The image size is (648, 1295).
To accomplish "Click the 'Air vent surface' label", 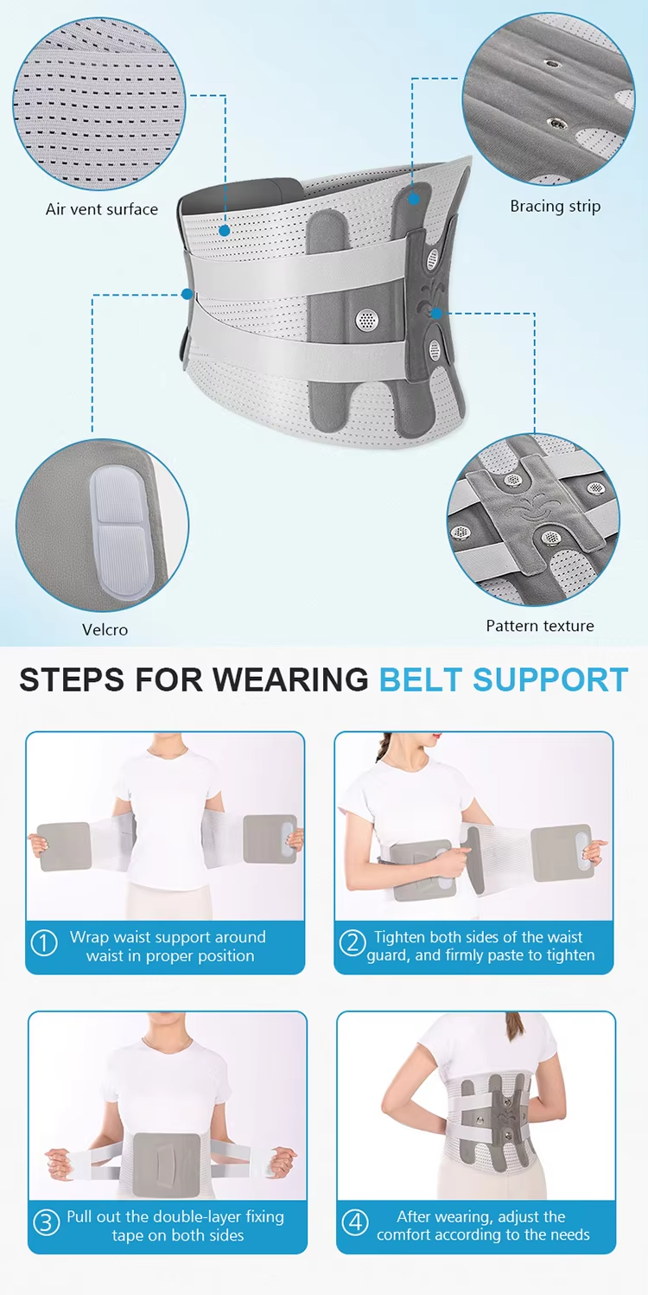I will point(102,209).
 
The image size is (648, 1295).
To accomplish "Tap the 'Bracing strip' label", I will point(555,206).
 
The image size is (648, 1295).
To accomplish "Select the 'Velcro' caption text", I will point(105,629).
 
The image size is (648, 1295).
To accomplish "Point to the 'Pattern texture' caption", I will point(540,625).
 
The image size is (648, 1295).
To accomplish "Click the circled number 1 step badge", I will point(44,943).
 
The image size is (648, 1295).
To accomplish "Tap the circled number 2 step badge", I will point(352,943).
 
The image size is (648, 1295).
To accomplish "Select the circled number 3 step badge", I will point(46,1223).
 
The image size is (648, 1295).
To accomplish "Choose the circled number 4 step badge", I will point(355,1223).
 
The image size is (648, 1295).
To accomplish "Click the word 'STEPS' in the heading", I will point(75,680).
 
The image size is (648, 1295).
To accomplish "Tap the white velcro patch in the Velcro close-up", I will point(121,527).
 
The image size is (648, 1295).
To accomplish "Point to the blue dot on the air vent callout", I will point(225,230).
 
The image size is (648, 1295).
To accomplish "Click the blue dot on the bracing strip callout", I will point(414,199).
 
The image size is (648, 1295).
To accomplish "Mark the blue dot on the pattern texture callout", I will point(437,312).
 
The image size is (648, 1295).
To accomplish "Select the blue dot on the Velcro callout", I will point(187,294).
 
